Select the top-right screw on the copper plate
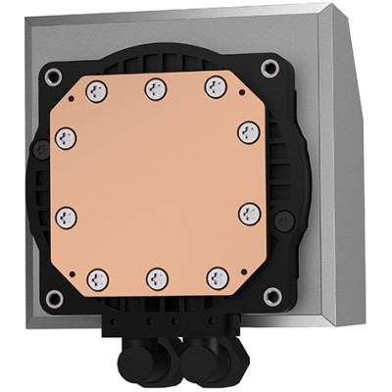click(213, 87)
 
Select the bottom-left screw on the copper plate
click(96, 276)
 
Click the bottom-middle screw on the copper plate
click(155, 276)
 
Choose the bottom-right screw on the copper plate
click(213, 276)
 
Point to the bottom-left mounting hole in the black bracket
click(55, 296)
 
